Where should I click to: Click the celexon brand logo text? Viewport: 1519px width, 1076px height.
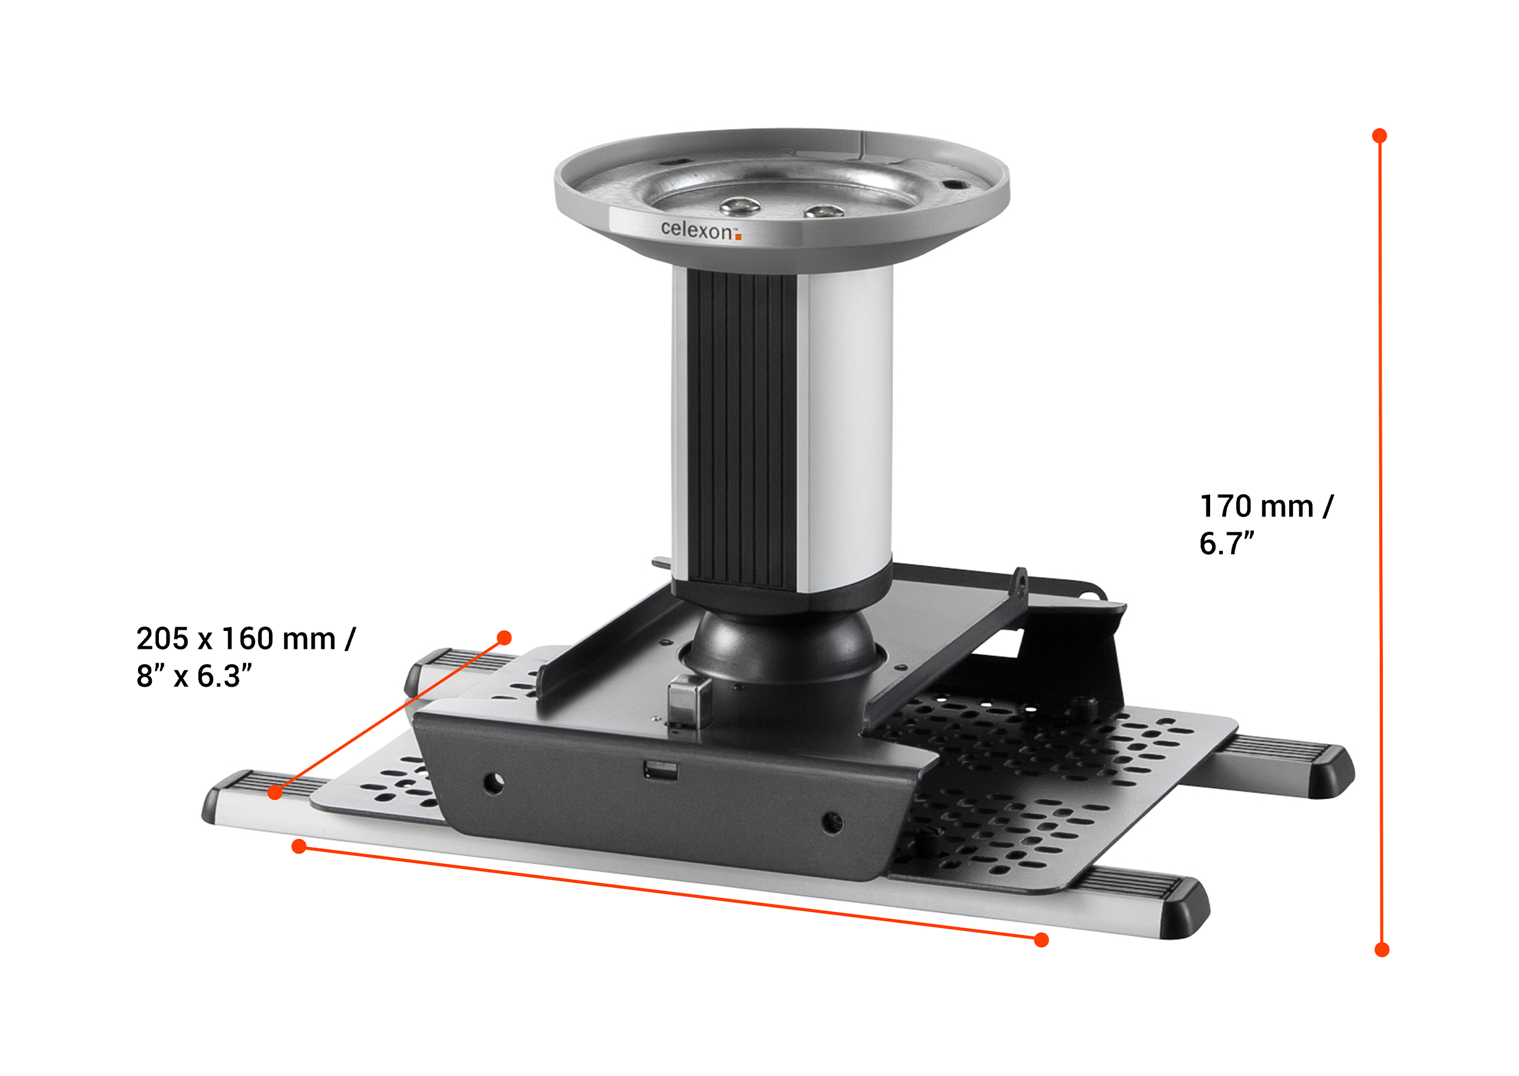point(696,230)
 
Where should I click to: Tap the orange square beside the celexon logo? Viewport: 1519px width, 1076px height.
point(738,237)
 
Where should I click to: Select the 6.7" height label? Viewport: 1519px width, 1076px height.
point(1226,543)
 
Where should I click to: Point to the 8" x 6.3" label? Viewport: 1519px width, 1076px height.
point(194,677)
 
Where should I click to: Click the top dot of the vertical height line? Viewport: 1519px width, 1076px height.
point(1380,136)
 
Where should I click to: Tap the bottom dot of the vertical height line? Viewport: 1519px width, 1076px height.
point(1382,950)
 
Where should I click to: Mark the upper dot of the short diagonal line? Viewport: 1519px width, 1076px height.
point(504,638)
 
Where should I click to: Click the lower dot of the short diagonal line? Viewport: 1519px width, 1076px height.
point(275,792)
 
